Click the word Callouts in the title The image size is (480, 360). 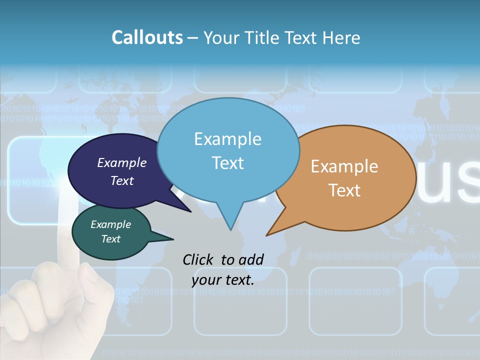[147, 37]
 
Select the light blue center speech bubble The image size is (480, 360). [228, 150]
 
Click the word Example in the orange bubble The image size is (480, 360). [344, 166]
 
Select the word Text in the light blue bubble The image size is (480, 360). [228, 163]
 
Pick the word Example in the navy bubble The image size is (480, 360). [121, 162]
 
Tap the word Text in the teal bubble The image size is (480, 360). [111, 239]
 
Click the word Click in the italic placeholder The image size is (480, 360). [198, 259]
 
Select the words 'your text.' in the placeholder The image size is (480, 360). [223, 280]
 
